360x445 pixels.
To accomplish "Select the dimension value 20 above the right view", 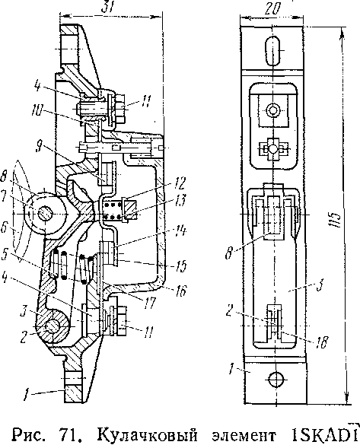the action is click(272, 9).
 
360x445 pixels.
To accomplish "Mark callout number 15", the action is click(180, 265).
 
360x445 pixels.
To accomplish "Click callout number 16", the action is click(181, 290).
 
